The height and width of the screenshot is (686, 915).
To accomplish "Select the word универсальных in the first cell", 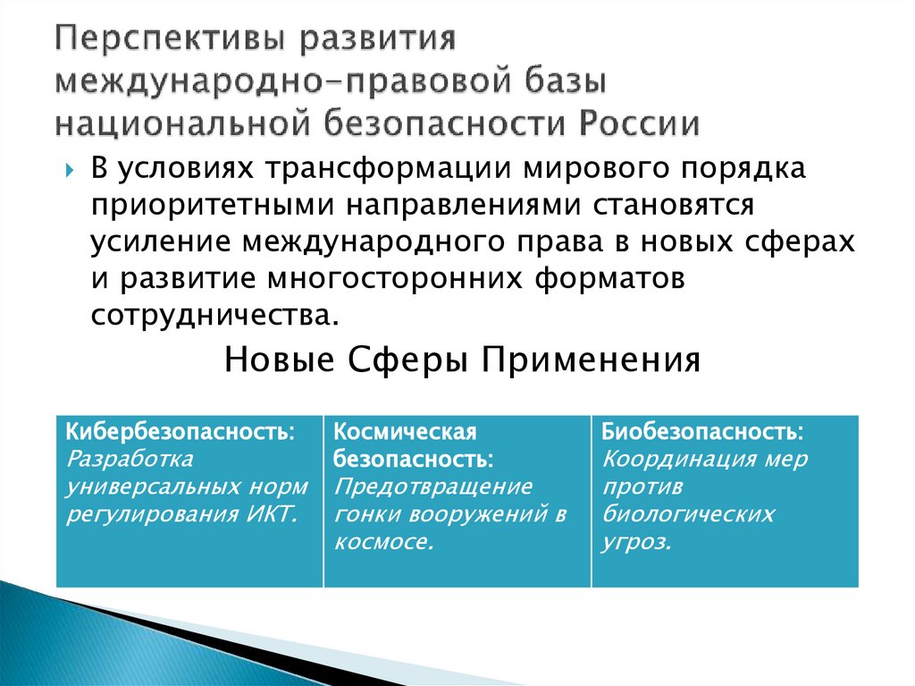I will coord(139,487).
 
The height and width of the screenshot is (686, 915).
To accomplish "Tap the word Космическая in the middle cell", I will coord(405,432).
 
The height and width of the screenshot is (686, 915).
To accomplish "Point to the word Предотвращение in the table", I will coord(433,487).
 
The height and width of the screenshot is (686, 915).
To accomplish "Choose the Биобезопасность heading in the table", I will coord(702,432).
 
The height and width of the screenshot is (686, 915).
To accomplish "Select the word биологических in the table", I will coord(688,515).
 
